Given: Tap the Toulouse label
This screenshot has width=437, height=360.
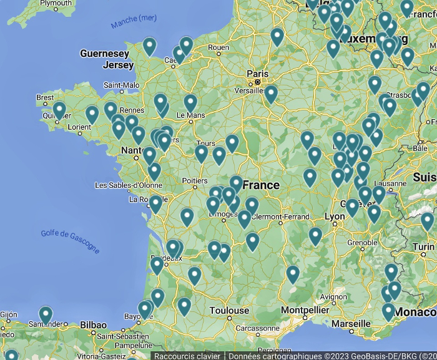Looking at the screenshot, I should tap(229, 311).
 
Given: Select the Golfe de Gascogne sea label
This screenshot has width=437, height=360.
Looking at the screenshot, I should tap(70, 241).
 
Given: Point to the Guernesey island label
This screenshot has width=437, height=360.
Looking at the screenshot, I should tap(104, 54).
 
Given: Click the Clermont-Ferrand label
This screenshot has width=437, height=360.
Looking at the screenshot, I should tap(281, 216).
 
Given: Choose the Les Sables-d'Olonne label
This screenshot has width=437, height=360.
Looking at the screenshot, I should tap(128, 185).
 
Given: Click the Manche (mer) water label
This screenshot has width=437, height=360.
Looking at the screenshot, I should tap(134, 21).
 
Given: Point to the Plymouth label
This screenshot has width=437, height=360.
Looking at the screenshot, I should tap(56, 3).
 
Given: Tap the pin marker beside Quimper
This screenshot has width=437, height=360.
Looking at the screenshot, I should tap(59, 110).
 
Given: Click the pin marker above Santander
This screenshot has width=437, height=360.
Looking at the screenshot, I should tap(46, 314).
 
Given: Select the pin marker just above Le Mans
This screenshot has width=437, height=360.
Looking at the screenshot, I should tap(190, 102).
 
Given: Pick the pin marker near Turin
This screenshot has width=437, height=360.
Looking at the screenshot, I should tap(428, 221).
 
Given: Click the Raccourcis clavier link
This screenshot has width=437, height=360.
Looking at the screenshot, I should tap(187, 356).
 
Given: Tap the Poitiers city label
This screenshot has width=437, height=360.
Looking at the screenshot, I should tap(194, 181).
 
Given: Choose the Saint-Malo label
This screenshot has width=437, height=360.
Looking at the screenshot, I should tap(121, 85).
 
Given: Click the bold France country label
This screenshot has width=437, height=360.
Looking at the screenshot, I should tap(261, 185).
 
